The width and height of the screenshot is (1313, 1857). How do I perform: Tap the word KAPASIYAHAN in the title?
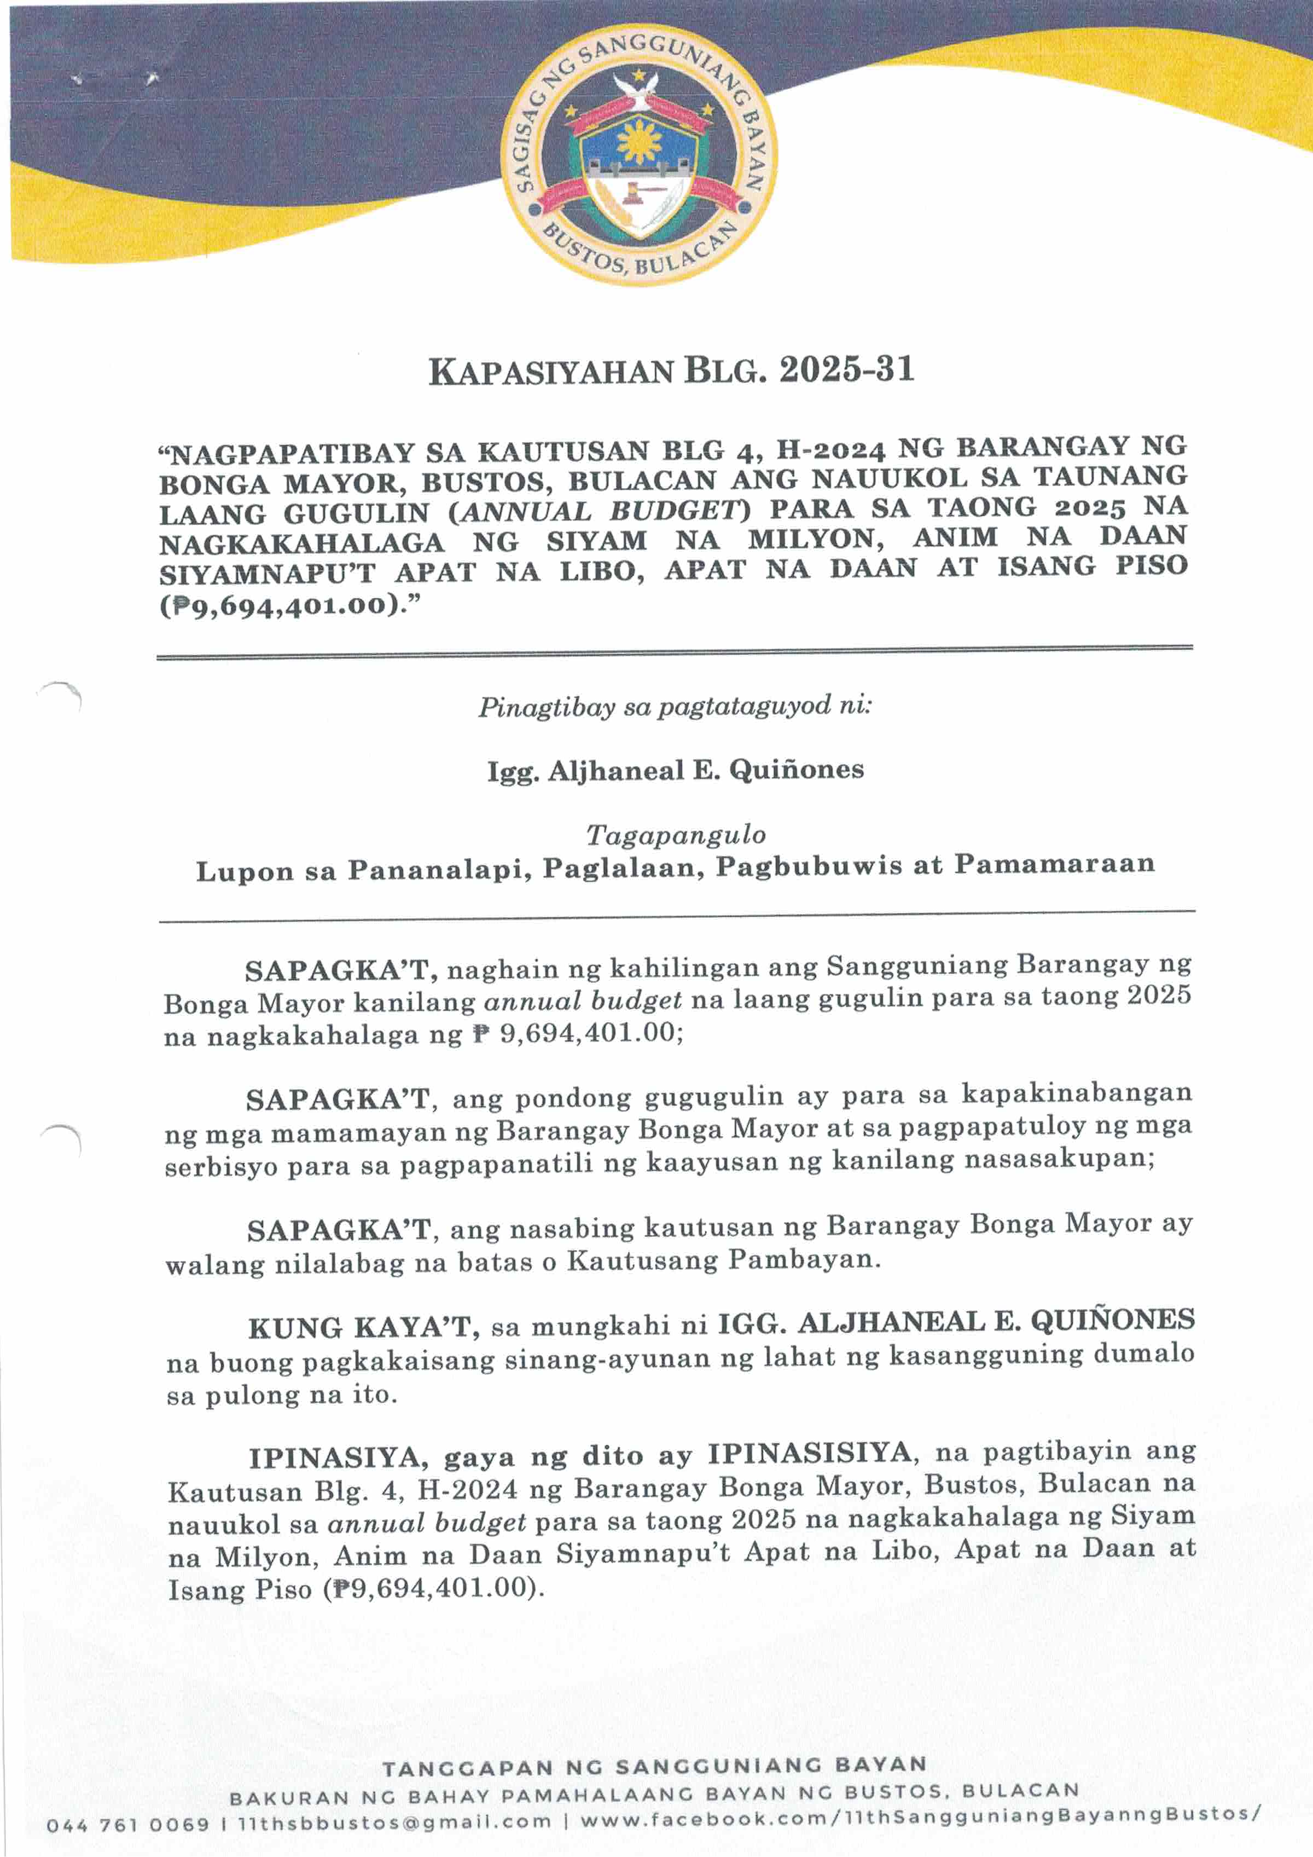(550, 373)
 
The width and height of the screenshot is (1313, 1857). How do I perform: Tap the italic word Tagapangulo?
(675, 834)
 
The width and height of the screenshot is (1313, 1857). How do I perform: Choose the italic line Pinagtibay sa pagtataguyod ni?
(675, 707)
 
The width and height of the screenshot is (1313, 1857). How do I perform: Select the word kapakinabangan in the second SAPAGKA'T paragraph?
(1076, 1094)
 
